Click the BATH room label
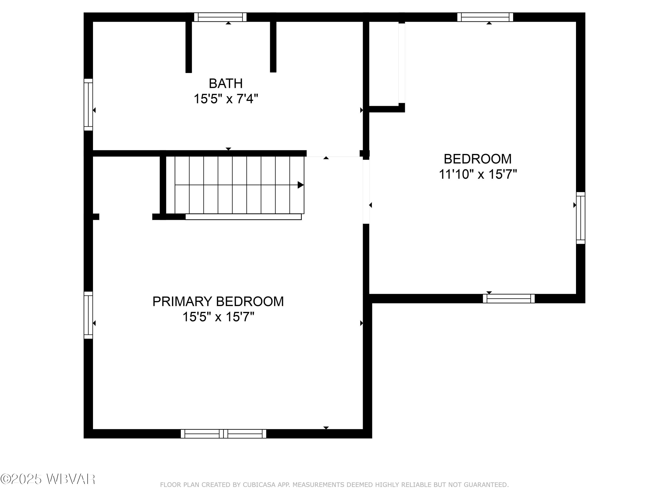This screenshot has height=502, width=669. coord(226,83)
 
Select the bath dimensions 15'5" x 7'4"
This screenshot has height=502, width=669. coord(226,99)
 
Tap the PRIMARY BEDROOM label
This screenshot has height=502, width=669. coord(218,301)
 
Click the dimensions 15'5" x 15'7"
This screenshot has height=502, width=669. coord(218,317)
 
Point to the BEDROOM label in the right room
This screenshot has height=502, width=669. coord(478,159)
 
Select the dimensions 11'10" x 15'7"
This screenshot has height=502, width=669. coord(478,175)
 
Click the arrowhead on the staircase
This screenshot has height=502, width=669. coord(300,185)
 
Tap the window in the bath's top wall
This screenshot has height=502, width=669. coord(220,17)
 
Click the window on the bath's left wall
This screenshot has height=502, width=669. coord(88,105)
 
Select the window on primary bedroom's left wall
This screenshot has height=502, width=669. coord(88,315)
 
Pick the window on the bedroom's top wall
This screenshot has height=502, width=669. coord(485,17)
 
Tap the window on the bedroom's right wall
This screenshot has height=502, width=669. coord(580,218)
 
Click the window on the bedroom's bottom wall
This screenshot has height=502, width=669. coord(509,299)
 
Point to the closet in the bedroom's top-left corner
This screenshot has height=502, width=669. coord(384,64)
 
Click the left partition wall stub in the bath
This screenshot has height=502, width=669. coord(188,47)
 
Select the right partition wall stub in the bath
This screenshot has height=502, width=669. coord(273,47)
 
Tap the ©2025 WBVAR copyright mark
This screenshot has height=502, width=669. coord(48,479)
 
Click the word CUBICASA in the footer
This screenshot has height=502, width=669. coord(259,485)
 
